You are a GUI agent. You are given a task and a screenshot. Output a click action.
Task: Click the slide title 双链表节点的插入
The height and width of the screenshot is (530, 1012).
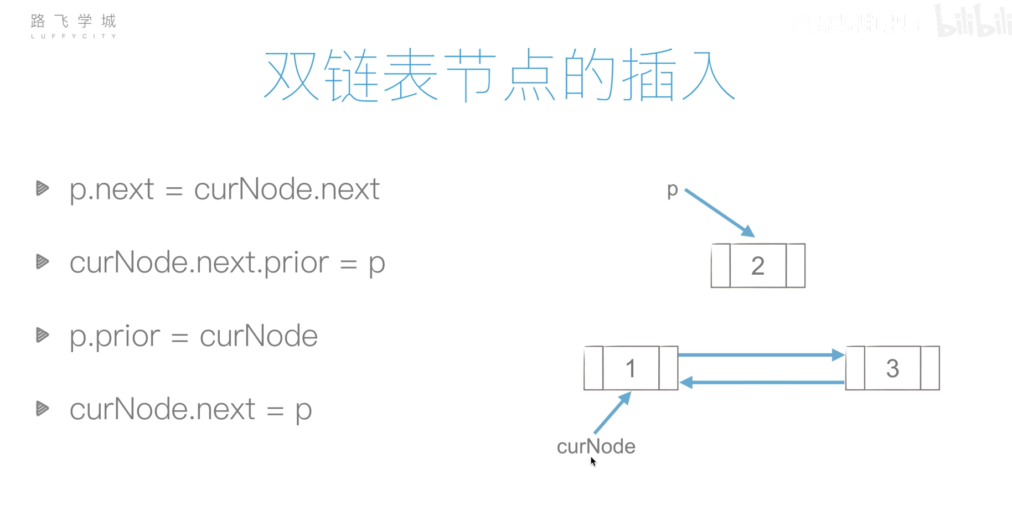tap(499, 75)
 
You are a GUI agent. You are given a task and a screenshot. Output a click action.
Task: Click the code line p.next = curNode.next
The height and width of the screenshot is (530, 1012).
tap(224, 189)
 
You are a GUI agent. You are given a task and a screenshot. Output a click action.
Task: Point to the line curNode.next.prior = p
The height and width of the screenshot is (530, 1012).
tap(227, 263)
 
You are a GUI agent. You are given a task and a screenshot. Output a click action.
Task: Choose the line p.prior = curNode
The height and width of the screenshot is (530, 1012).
tap(194, 336)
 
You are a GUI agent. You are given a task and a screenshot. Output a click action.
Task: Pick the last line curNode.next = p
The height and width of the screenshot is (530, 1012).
tap(190, 410)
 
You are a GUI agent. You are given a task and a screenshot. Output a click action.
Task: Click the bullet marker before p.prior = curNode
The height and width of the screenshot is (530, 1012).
tap(42, 335)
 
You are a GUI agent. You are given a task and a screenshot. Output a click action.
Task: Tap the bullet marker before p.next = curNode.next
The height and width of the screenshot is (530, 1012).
tap(42, 188)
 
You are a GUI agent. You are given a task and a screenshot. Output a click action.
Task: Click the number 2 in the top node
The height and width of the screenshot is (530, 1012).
tap(758, 266)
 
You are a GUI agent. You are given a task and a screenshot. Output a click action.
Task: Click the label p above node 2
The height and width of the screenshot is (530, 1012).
tap(673, 190)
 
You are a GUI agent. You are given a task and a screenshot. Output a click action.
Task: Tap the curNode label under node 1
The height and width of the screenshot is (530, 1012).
tap(596, 446)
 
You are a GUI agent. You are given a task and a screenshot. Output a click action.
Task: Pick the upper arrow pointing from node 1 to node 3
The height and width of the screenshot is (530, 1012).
tap(761, 355)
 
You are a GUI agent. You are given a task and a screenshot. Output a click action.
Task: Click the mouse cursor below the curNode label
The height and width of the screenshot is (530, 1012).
tap(593, 461)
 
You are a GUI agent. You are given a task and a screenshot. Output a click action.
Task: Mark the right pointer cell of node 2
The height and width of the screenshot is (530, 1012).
tap(796, 266)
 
